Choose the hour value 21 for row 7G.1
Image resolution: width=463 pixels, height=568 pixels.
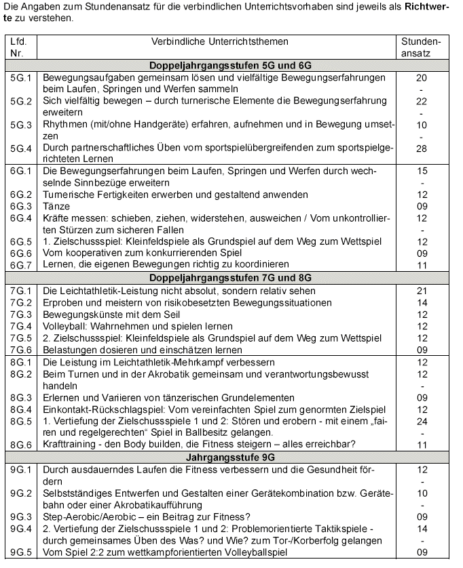pos(422,290)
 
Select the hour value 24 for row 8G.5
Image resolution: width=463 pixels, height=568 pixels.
pos(422,420)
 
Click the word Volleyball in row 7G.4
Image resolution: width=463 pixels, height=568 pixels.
pos(66,326)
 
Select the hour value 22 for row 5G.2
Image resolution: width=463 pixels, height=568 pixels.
pos(422,101)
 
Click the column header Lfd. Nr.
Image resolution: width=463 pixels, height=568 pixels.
pos(18,48)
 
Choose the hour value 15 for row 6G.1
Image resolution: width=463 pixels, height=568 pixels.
pos(422,171)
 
